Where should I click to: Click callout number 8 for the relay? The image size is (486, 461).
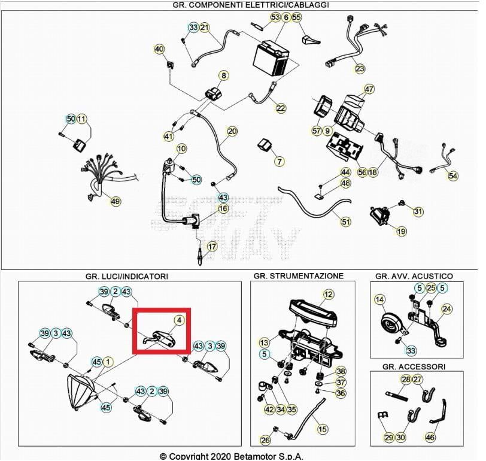click(x=224, y=76)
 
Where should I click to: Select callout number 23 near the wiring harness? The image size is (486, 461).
click(x=360, y=68)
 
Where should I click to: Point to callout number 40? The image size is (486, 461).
click(x=159, y=49)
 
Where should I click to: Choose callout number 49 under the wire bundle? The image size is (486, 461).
click(x=115, y=201)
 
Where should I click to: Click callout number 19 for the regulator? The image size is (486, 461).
click(x=401, y=231)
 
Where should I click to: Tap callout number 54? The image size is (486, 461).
click(x=452, y=175)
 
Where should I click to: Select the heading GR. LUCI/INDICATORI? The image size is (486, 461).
click(x=126, y=276)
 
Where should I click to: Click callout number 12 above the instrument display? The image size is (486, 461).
click(x=328, y=294)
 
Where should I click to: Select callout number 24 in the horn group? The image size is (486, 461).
click(x=446, y=309)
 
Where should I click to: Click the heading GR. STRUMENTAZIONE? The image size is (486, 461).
click(x=298, y=276)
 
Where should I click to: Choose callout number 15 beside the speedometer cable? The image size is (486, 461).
click(x=323, y=429)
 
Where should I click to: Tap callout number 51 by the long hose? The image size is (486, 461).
click(x=345, y=222)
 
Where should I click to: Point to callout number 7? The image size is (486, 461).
click(x=279, y=162)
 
